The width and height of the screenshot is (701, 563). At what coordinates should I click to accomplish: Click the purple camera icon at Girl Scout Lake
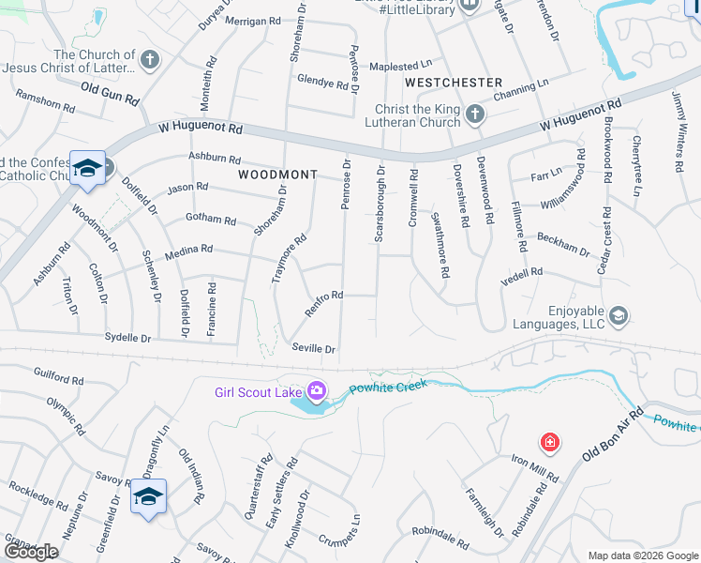[x=318, y=390]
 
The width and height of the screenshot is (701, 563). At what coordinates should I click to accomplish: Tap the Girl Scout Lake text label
[x=257, y=391]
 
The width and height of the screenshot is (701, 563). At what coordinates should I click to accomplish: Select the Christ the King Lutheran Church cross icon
[x=475, y=115]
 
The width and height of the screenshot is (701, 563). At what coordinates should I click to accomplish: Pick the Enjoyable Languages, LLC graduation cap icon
[x=618, y=315]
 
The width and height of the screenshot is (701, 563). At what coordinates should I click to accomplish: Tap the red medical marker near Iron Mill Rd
[x=548, y=441]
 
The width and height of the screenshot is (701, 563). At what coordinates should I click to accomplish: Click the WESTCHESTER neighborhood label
[x=454, y=83]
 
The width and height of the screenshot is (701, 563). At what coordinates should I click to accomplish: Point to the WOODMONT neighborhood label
[x=277, y=175]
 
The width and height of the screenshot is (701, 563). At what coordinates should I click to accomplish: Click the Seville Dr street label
[x=314, y=348]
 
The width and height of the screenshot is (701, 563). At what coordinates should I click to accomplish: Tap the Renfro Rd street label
[x=324, y=302]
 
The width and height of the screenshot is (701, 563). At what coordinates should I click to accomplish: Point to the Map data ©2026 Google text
[x=642, y=555]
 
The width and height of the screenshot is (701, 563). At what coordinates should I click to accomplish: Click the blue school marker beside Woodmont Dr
[x=87, y=168]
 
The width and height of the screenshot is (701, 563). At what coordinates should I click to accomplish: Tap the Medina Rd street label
[x=188, y=251]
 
